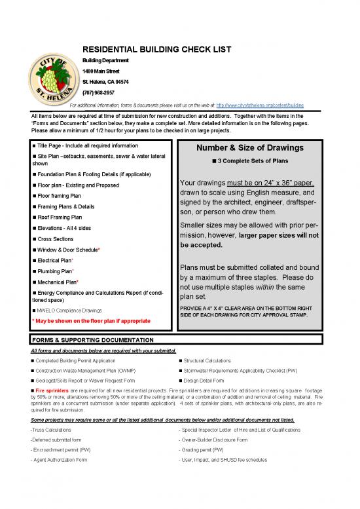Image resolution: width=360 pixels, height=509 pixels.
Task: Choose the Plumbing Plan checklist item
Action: click(56, 271)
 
